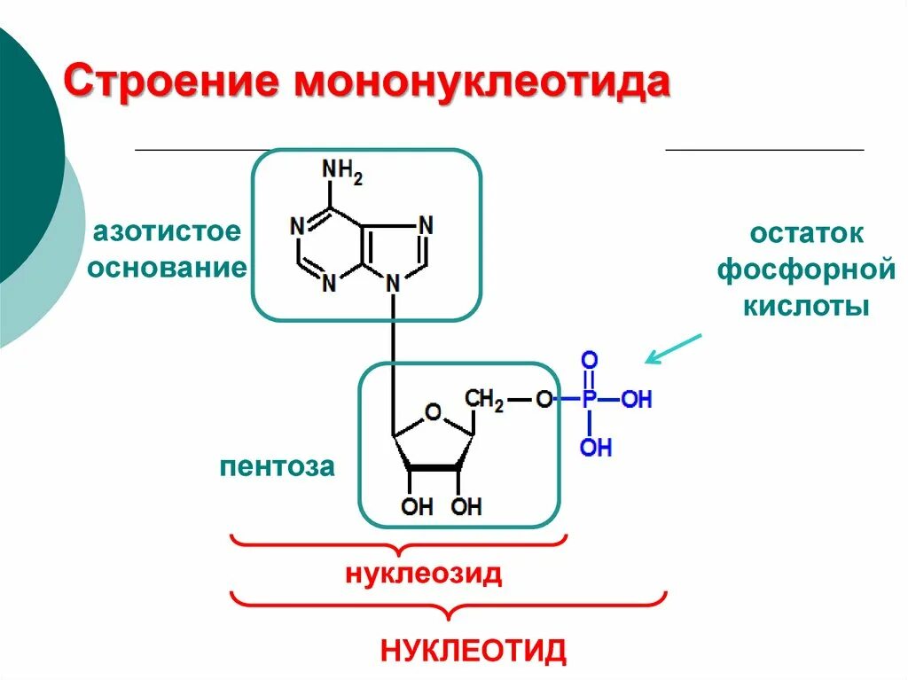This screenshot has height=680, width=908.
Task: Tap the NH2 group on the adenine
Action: point(341,170)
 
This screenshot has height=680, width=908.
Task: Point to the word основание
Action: point(166,268)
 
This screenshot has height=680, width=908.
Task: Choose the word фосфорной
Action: point(806,270)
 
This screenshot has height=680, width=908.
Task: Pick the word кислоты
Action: point(806,307)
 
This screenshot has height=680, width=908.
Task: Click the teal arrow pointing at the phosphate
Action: point(673,349)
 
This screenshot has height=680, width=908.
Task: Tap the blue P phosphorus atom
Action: point(589,400)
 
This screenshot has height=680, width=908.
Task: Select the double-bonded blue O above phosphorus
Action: point(589,361)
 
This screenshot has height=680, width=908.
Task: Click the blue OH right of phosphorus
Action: point(636,400)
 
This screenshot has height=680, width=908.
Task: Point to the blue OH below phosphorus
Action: point(596,447)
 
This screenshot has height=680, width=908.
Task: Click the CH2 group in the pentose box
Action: point(485,400)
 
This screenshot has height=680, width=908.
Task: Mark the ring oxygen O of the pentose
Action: point(433,411)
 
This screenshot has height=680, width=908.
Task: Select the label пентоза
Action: point(278,467)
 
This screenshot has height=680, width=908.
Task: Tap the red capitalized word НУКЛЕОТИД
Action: point(473,651)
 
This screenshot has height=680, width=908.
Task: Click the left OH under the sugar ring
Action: point(417,507)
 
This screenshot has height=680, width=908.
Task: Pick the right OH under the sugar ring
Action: point(466,507)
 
